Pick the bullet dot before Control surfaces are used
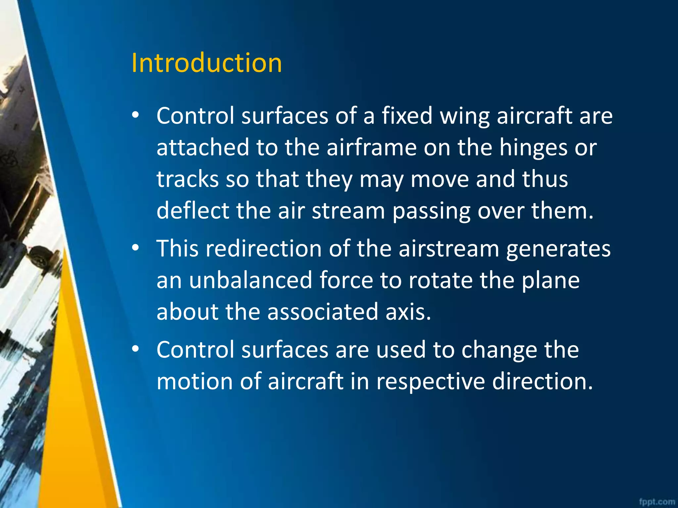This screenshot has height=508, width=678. (x=135, y=349)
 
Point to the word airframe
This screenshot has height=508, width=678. (x=371, y=148)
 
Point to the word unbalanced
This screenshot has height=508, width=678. (x=251, y=280)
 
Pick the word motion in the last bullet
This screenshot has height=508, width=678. (x=195, y=381)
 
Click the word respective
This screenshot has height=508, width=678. (x=430, y=382)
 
